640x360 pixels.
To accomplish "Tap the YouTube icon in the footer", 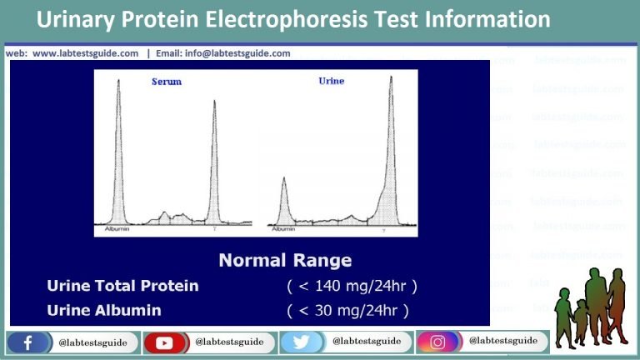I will (163, 342).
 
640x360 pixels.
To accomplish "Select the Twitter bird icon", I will (301, 342).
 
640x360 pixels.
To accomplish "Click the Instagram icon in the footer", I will (437, 342).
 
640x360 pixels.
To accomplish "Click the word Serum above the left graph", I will (166, 82).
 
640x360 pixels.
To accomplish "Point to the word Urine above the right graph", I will (331, 81).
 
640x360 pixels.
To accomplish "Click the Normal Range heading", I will (285, 260).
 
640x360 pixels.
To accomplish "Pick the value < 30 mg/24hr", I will (347, 311).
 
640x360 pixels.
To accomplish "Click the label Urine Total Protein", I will (122, 286).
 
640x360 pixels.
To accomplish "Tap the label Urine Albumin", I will (104, 311).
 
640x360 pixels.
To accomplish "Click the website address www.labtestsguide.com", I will (85, 53).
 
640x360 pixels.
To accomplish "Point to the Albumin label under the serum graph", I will (117, 227).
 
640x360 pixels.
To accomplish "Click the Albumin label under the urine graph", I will (283, 227).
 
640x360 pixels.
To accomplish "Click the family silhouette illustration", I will (592, 304).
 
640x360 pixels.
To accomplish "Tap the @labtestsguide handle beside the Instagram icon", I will (502, 341).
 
